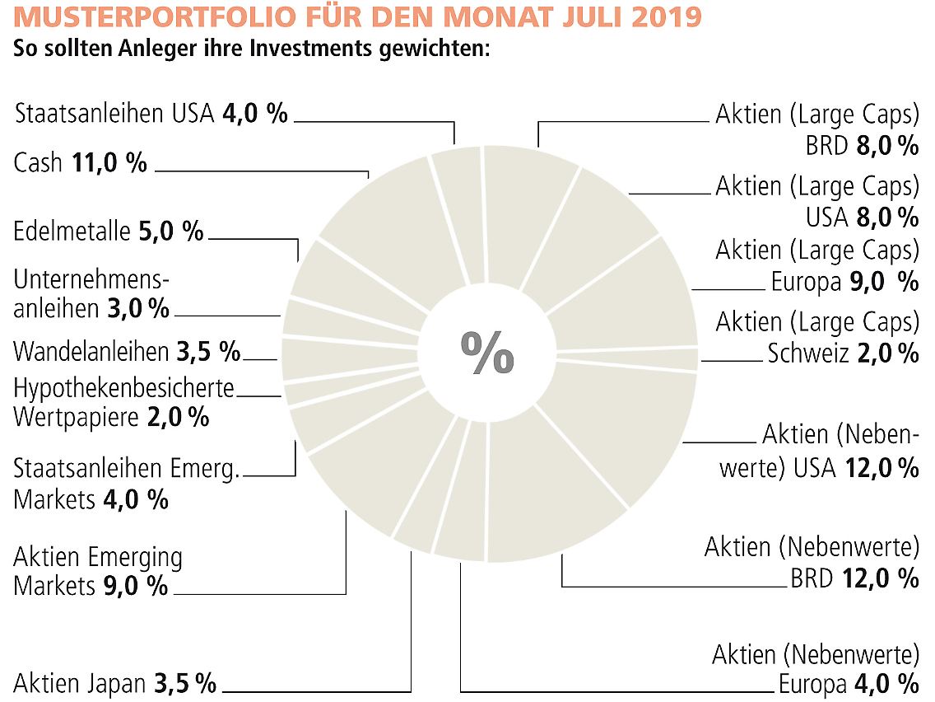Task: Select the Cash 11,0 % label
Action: click(80, 162)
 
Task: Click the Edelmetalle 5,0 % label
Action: click(108, 231)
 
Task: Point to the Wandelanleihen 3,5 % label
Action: click(127, 352)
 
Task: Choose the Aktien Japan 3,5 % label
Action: click(114, 683)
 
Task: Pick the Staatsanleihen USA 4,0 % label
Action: click(151, 113)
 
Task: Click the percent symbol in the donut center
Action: click(487, 353)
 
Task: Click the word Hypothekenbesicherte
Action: click(124, 387)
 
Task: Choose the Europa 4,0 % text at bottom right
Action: click(848, 684)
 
